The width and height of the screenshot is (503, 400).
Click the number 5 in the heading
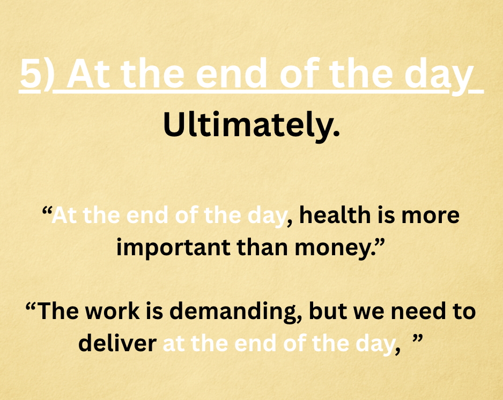31,74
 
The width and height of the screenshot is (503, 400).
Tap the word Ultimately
251,125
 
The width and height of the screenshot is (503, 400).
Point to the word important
173,248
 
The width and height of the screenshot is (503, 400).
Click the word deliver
117,343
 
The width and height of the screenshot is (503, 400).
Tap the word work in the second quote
112,311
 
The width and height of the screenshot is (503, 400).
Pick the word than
262,248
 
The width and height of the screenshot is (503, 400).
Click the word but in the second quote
328,311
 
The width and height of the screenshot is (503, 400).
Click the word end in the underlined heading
232,74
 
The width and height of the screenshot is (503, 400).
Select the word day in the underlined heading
439,77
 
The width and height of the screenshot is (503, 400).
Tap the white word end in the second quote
255,343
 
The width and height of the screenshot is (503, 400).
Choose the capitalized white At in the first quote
64,215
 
